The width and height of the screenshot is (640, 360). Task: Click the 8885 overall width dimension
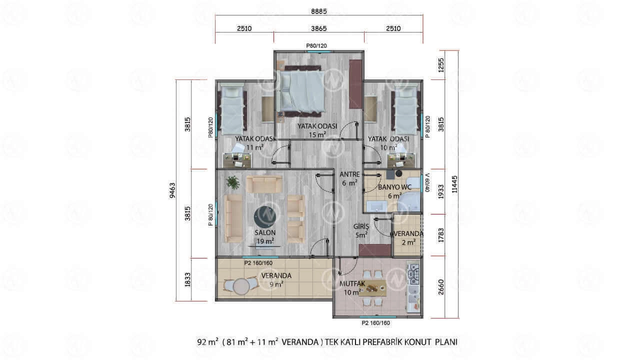(319, 11)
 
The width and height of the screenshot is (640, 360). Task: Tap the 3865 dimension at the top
(319, 28)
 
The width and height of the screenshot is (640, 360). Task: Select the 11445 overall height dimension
(454, 184)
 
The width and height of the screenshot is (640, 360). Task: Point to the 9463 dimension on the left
(172, 190)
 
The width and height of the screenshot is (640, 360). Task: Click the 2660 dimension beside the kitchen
(441, 287)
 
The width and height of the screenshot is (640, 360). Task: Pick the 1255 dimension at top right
(441, 65)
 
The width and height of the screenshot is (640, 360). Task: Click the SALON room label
(265, 233)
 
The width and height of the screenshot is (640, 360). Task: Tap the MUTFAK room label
(352, 283)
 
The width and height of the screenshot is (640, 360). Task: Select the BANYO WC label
(395, 187)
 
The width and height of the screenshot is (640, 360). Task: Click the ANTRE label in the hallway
(349, 174)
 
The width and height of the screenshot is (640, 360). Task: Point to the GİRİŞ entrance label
(361, 226)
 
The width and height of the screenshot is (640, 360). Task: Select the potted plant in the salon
(233, 182)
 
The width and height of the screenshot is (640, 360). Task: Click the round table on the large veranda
(241, 286)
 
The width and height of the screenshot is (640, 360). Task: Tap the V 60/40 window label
(427, 183)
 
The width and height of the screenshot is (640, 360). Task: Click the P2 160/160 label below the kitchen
(375, 323)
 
